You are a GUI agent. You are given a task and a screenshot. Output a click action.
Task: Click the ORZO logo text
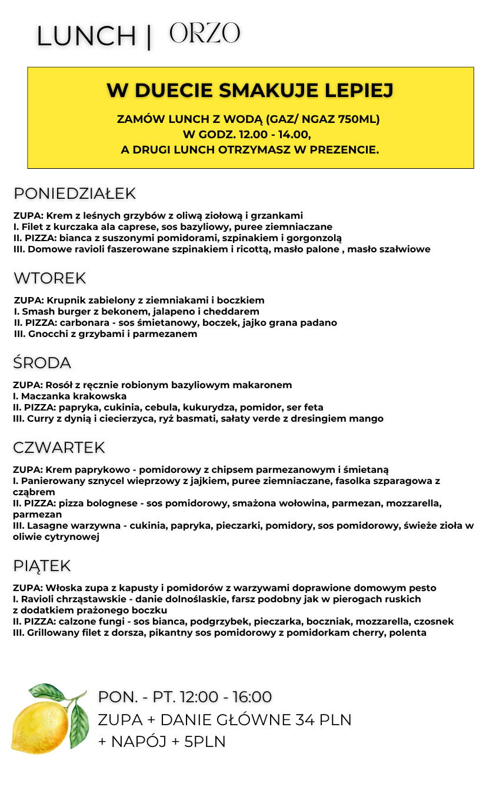(205, 34)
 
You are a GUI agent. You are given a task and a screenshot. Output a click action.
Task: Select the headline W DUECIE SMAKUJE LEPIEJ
(250, 91)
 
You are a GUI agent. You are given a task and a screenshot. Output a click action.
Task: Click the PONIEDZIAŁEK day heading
(75, 194)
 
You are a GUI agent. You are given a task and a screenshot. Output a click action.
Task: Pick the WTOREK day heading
(50, 278)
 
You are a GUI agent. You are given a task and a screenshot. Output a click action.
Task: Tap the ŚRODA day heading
(42, 363)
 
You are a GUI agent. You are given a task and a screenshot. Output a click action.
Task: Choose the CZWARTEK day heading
(59, 448)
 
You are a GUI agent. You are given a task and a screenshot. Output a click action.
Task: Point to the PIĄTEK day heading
(42, 566)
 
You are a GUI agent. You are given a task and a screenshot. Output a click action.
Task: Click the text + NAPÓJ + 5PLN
(162, 742)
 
